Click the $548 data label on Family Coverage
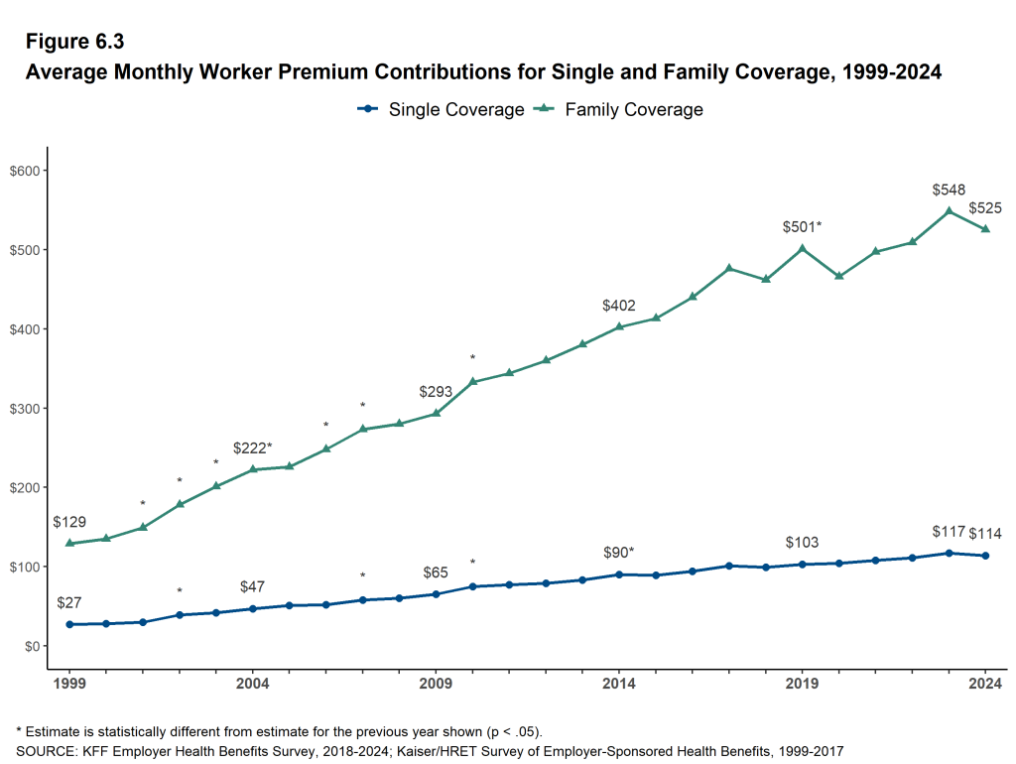click(949, 190)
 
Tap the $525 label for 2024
click(985, 208)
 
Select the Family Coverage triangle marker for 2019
click(803, 248)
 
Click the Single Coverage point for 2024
click(985, 556)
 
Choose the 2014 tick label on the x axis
click(619, 684)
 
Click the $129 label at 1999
click(69, 522)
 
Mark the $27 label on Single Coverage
click(69, 602)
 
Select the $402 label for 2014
click(619, 306)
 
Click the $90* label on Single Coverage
click(619, 553)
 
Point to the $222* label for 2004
click(252, 447)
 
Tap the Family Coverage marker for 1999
click(69, 543)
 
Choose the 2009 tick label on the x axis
click(436, 684)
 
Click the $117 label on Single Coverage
click(949, 533)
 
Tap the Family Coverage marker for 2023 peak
click(949, 210)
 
